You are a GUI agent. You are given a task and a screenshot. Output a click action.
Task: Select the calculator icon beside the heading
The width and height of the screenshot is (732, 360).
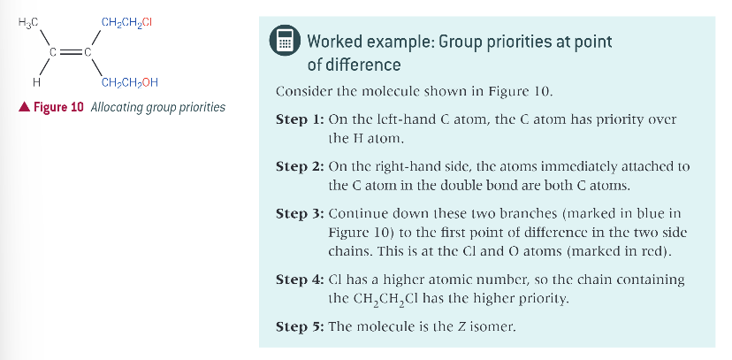tap(284, 41)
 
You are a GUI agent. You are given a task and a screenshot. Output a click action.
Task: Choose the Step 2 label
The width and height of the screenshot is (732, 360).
tap(299, 166)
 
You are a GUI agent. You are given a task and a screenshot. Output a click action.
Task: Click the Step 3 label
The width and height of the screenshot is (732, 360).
tap(299, 214)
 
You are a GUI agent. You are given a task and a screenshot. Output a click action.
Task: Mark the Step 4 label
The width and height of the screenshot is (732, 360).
tap(299, 280)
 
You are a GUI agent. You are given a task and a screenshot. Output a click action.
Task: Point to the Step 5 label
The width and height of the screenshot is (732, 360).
tap(299, 326)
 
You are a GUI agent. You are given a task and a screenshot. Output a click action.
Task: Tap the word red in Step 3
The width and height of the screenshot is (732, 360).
tap(652, 251)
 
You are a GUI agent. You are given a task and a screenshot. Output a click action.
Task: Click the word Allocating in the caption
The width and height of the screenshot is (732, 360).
tap(120, 108)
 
